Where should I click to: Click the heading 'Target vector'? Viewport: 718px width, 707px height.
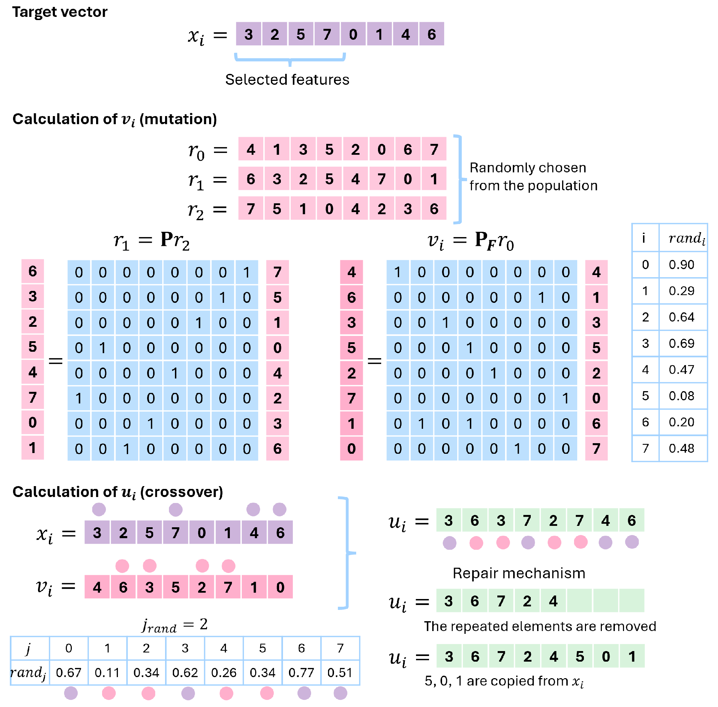click(60, 12)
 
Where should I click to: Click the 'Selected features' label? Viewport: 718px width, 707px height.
click(287, 79)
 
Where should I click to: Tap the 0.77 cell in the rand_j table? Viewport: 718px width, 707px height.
click(301, 673)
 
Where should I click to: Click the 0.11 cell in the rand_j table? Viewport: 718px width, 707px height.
click(107, 673)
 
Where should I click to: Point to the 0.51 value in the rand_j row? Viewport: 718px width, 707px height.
click(340, 673)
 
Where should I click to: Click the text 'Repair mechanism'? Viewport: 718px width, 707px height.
click(519, 573)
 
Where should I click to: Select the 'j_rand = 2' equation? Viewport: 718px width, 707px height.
click(175, 625)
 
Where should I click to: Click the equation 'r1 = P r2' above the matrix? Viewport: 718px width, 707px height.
click(152, 241)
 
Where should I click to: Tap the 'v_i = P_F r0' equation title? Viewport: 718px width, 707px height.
click(471, 241)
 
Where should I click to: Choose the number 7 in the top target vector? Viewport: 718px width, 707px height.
click(327, 34)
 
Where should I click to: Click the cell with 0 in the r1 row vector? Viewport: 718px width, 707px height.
click(408, 179)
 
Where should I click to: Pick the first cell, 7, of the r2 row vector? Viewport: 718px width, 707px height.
click(251, 209)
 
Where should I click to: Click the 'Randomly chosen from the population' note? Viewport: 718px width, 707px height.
click(533, 177)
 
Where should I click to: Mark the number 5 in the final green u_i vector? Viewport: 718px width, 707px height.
click(580, 656)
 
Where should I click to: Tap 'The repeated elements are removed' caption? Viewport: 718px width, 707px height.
click(540, 626)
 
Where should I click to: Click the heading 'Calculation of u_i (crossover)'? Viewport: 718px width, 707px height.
click(118, 492)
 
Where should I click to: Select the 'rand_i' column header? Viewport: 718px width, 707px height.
click(686, 238)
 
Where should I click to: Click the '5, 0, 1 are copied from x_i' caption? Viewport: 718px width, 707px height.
click(504, 681)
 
